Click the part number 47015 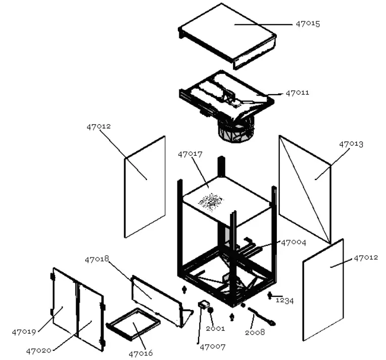(x=308, y=24)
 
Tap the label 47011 (x=298, y=93)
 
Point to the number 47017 (x=190, y=154)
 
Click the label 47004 (x=294, y=242)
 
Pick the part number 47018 (x=97, y=259)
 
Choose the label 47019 (x=24, y=332)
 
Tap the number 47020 (x=38, y=350)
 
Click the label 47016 (x=140, y=353)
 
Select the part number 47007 (x=212, y=347)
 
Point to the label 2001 (x=215, y=329)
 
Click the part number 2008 (x=255, y=332)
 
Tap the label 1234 (x=285, y=300)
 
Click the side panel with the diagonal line (x=305, y=188)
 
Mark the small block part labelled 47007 (x=203, y=304)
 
